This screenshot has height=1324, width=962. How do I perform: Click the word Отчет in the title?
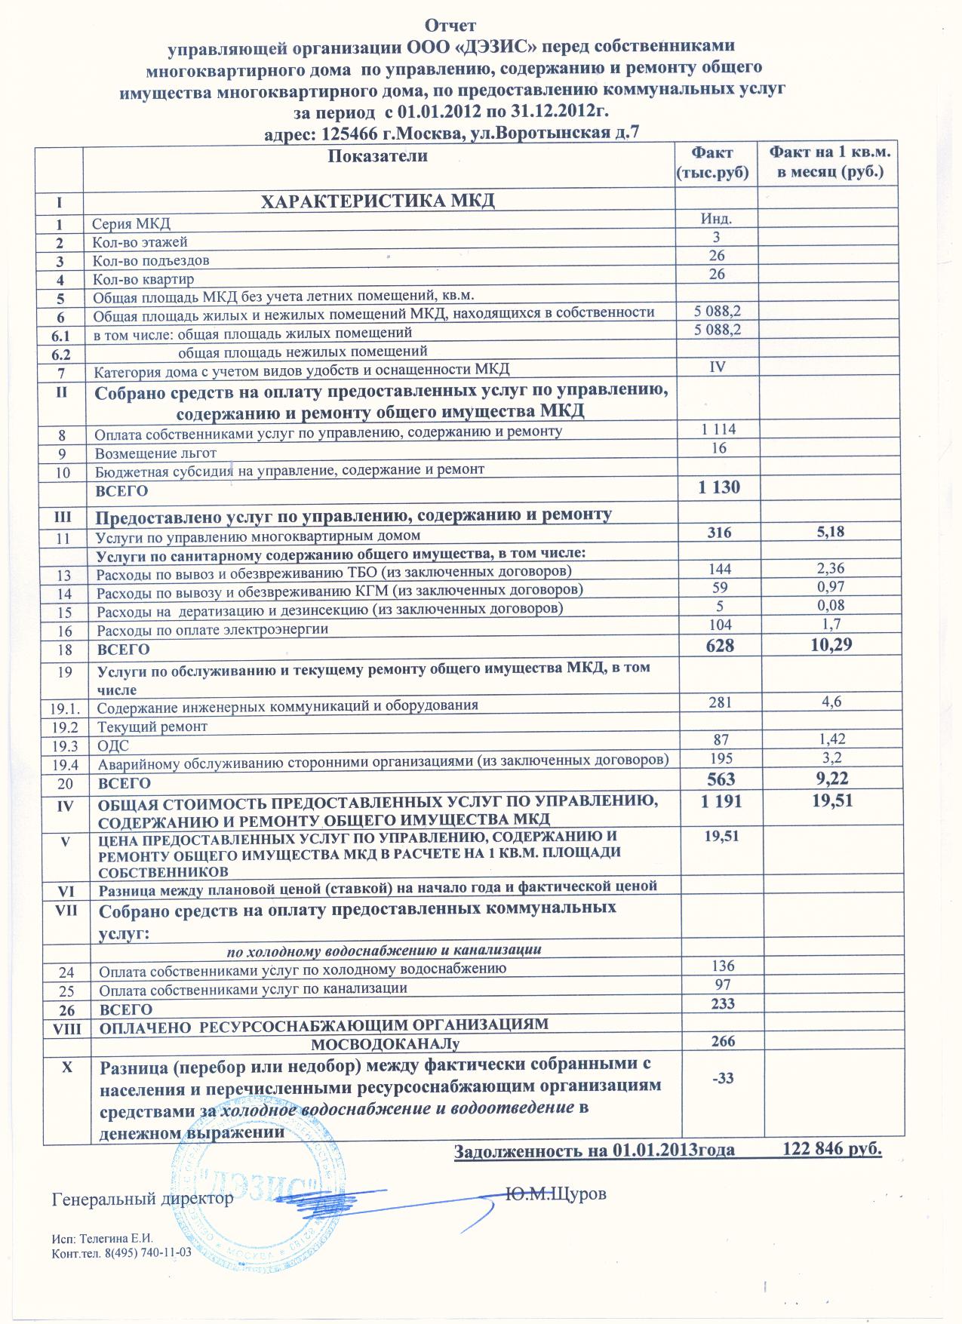(x=450, y=27)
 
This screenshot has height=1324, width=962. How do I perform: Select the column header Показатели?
(x=378, y=156)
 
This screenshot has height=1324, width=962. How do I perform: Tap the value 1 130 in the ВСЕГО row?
(x=719, y=487)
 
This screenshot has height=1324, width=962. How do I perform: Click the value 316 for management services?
(x=719, y=533)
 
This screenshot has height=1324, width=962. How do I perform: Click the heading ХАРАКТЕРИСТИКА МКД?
(x=377, y=201)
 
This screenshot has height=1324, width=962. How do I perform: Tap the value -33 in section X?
(x=722, y=1078)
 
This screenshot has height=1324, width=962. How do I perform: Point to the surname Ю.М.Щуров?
(x=555, y=1194)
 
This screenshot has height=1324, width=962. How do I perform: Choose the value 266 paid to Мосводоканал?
(x=723, y=1041)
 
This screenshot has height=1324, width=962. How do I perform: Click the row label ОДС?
(x=114, y=745)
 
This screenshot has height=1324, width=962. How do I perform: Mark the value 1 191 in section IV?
(x=721, y=802)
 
